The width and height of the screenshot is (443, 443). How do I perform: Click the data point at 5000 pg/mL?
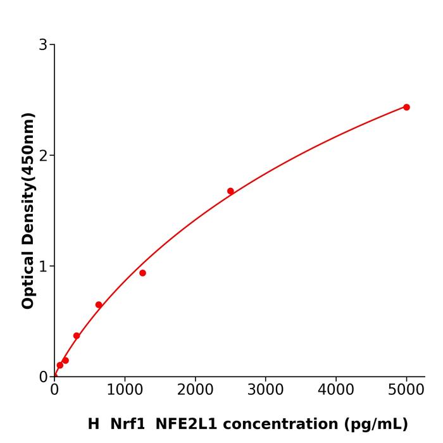pos(406,107)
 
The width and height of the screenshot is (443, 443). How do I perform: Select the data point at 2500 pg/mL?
pos(230,191)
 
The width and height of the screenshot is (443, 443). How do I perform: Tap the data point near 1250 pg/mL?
pos(142,273)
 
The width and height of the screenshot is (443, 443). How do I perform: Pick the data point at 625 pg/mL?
pos(99,304)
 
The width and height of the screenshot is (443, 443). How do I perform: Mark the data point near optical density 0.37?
pos(77,335)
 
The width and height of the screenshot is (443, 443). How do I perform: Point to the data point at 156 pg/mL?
pos(65,360)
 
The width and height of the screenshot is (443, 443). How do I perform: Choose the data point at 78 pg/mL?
pos(60,365)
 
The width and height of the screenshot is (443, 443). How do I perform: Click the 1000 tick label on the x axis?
pos(125,389)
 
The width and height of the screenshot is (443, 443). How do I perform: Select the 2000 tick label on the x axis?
pos(195,389)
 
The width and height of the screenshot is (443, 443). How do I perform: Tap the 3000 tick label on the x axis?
pos(265,389)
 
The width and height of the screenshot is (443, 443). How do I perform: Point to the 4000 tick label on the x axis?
pos(335,389)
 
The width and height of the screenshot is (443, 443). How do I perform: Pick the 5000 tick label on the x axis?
pos(406,389)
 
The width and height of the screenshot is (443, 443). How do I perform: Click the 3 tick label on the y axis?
pos(43,45)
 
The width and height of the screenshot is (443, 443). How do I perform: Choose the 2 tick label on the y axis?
pos(43,156)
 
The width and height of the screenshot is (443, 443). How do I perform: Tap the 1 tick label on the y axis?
pos(43,266)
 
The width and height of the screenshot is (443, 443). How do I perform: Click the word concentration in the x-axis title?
pos(278,424)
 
